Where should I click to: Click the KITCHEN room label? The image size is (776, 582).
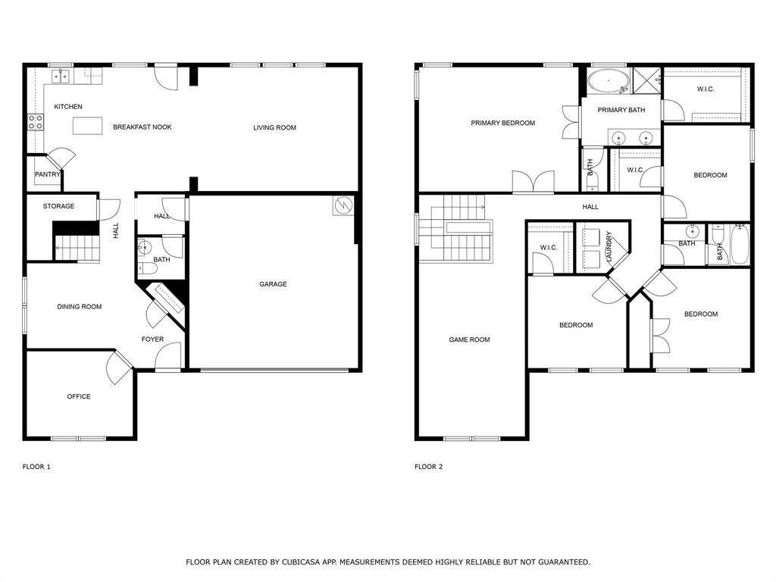point(68,107)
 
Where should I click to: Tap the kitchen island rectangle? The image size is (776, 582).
point(87,126)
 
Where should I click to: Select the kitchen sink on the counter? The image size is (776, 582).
point(61,76)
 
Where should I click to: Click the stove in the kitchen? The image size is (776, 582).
point(35,121)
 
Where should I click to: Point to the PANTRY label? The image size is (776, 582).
point(47,174)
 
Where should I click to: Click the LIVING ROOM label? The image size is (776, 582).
point(274,127)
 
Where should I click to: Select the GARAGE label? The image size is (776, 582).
point(273,284)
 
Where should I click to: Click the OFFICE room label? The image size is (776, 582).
point(79,396)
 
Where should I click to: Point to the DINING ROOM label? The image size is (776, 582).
point(79,307)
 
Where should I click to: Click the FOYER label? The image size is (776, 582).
point(152,339)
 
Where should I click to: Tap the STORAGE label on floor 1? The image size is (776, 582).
point(58,206)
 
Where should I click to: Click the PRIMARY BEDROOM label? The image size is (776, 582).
point(502,123)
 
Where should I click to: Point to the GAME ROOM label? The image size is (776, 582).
point(469,339)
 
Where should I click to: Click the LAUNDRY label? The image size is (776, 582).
point(609,247)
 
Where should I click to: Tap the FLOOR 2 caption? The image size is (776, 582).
point(428,467)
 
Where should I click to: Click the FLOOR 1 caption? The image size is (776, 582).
point(36,467)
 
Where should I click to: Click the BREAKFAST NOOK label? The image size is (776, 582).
point(142,127)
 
